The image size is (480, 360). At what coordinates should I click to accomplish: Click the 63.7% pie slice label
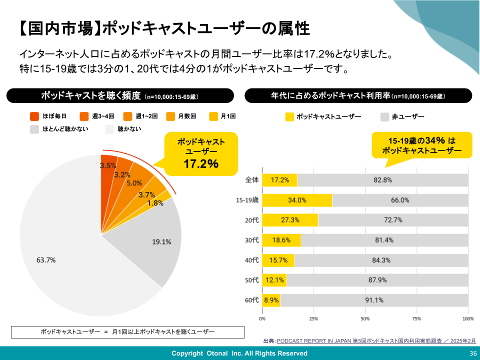point(46,260)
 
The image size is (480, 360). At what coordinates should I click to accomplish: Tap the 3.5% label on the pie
point(108,165)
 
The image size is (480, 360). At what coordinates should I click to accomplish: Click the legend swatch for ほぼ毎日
point(34,116)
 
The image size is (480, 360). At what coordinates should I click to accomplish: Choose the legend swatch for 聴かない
point(110,129)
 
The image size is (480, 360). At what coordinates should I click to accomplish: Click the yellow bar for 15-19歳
point(297,200)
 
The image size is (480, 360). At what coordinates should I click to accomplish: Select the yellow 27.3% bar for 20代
point(290,220)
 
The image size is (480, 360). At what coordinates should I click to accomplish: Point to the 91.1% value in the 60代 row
point(374,300)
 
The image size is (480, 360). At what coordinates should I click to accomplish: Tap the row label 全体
point(251,180)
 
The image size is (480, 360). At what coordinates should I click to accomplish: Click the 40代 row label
point(251,260)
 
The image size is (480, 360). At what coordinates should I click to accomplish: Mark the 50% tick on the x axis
point(365,318)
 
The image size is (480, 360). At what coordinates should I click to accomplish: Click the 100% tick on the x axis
point(467,318)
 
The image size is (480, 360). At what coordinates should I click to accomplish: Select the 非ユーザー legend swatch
point(384,117)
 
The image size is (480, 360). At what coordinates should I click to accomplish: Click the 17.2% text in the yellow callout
point(201,163)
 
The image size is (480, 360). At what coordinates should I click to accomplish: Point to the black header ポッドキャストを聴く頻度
point(120,95)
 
